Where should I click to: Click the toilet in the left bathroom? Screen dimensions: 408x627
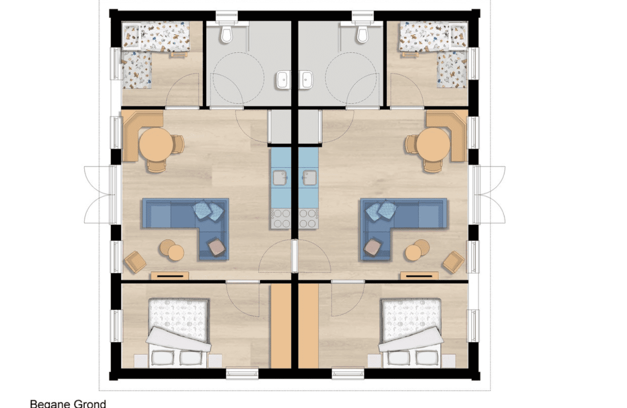[x=227, y=34]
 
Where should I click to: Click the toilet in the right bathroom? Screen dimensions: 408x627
[x=362, y=34]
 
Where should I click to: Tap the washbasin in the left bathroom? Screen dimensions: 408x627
[x=282, y=80]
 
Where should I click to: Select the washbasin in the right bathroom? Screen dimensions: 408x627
[x=306, y=80]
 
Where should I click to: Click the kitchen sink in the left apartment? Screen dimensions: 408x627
[x=280, y=178]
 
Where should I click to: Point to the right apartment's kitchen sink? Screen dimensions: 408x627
[x=309, y=178]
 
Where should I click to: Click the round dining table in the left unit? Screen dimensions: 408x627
[x=156, y=145]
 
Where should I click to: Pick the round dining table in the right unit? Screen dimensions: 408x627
[x=433, y=145]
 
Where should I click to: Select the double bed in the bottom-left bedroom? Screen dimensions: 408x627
[x=179, y=333]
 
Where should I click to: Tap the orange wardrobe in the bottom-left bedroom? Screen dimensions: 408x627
[x=281, y=326]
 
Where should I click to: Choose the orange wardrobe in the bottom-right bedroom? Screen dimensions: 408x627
[x=308, y=326]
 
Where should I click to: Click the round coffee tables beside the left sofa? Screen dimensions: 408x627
[x=172, y=250]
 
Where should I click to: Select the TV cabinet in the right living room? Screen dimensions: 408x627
[x=419, y=276]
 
